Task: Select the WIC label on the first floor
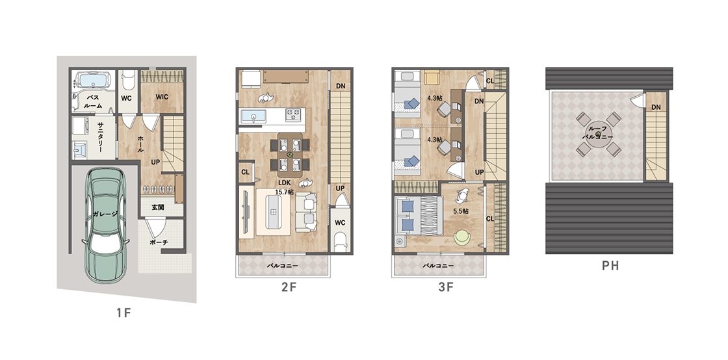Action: tap(162, 97)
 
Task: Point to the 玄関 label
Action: tap(158, 207)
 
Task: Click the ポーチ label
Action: tap(159, 242)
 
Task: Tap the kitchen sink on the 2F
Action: tap(253, 115)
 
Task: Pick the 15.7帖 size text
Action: tap(284, 192)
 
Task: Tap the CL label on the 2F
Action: tap(245, 172)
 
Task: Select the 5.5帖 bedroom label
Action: tap(460, 211)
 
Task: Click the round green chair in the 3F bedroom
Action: tap(462, 237)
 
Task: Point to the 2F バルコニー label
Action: tap(282, 266)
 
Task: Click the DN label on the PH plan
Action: tap(656, 107)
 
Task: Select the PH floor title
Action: tap(610, 266)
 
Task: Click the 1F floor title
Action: tap(124, 313)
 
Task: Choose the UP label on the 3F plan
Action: tap(480, 172)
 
